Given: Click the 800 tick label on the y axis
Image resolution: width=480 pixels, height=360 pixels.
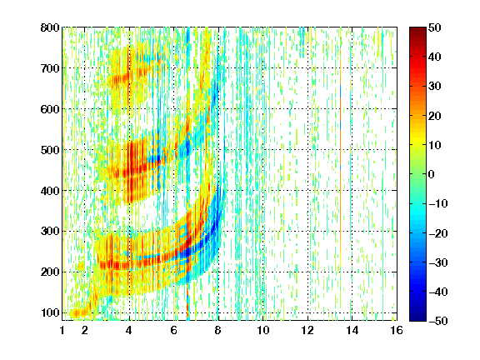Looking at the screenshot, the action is (50, 27).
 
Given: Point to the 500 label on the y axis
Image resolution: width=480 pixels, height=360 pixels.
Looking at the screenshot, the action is (50, 150).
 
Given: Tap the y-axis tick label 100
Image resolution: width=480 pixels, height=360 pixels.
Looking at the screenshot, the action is (50, 312).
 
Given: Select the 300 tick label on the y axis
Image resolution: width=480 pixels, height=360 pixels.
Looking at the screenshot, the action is (50, 232).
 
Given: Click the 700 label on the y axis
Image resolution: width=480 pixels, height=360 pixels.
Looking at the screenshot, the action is (50, 68).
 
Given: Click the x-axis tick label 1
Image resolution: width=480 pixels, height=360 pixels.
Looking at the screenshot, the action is (62, 330).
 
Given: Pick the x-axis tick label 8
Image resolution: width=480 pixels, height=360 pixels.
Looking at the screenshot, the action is (217, 330).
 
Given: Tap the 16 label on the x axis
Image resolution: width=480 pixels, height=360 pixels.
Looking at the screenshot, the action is (397, 330).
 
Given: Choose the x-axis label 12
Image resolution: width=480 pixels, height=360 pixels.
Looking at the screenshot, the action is (307, 330).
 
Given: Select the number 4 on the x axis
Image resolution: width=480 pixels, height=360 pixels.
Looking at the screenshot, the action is (129, 330).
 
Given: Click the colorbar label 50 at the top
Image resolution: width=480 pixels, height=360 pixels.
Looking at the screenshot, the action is (434, 27).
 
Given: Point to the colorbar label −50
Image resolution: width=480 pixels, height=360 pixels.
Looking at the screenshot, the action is (437, 321).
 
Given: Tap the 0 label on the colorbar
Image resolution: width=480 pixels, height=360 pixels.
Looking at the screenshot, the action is (431, 174).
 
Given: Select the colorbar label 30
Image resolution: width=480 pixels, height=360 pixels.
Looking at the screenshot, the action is (434, 87).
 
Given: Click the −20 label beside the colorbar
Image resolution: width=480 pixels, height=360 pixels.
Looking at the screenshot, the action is (437, 233).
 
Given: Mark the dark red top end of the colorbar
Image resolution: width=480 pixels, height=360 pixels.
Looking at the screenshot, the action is (417, 29).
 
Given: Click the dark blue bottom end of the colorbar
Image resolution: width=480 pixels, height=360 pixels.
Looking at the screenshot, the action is (417, 318).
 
